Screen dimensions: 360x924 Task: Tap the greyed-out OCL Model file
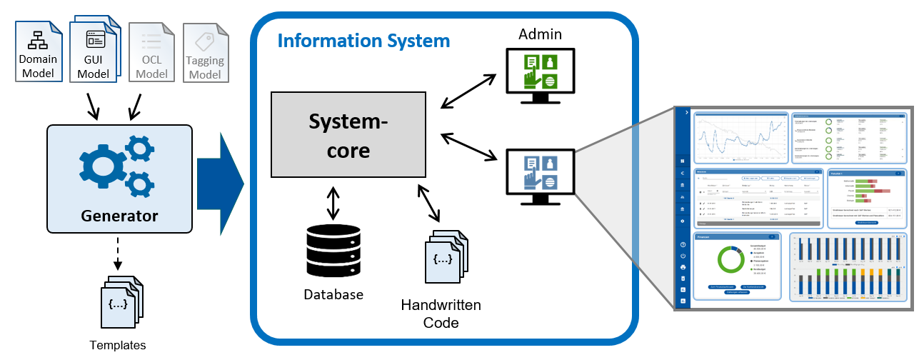point(151,51)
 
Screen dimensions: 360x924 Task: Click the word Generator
point(119,215)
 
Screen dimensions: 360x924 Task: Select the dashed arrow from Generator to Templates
point(118,251)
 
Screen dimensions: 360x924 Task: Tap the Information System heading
point(363,40)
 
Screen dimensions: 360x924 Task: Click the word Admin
point(540,34)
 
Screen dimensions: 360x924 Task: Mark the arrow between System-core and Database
point(332,203)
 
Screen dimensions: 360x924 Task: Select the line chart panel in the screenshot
point(740,136)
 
